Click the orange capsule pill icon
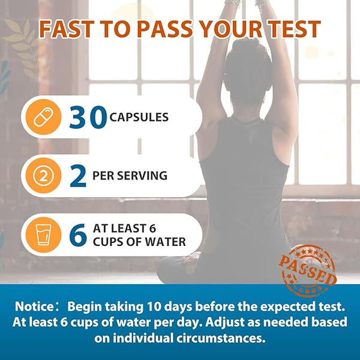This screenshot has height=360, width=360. click(x=43, y=117)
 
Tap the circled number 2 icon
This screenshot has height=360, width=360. click(x=43, y=176)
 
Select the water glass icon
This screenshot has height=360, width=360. click(x=43, y=235)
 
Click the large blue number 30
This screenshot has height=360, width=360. click(x=88, y=117)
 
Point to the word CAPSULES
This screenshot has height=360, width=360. click(x=139, y=117)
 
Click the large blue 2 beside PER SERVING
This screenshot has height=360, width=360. click(x=78, y=176)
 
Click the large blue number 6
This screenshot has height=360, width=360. click(x=78, y=235)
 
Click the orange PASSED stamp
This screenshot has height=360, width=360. click(x=308, y=271)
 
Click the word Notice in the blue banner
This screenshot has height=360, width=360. click(x=34, y=306)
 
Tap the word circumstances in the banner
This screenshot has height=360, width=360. click(x=221, y=338)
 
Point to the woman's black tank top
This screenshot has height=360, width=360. click(x=245, y=184)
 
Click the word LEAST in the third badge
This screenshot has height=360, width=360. click(x=130, y=229)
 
